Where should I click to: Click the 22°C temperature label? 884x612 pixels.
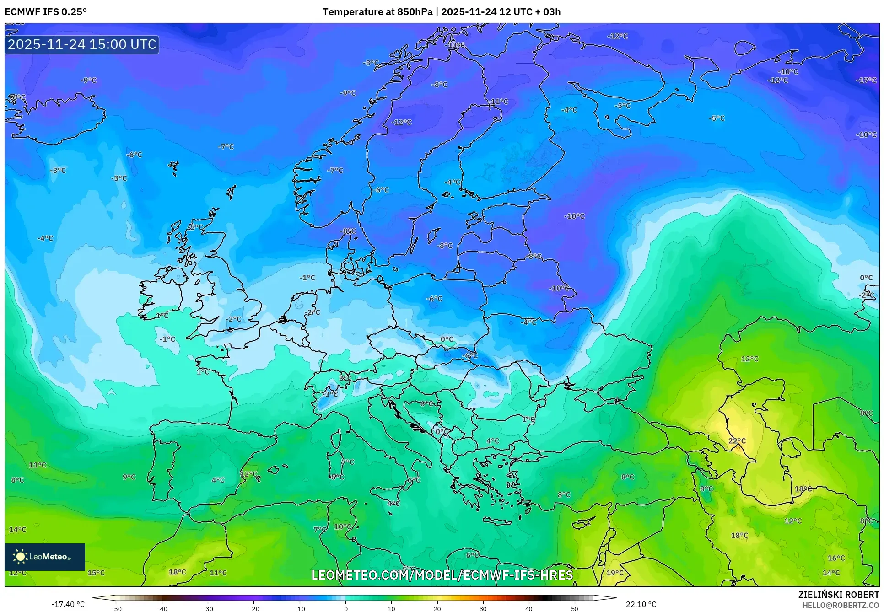point(737,441)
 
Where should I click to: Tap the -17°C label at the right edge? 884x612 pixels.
point(866,80)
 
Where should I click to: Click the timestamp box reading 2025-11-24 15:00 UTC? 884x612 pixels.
point(82,44)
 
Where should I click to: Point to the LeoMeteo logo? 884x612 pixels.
point(44,557)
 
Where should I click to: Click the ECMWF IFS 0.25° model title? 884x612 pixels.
point(46,12)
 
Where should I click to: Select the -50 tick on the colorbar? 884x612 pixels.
point(116,609)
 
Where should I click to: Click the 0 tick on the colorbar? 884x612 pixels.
point(345,609)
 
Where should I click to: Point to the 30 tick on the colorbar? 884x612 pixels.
point(483,609)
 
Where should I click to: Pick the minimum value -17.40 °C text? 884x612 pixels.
point(68,604)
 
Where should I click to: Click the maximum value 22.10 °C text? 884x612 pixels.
point(641,604)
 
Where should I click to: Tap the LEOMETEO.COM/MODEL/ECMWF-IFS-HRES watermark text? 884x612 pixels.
point(442,575)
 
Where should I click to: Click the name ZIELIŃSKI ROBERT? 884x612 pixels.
point(838,595)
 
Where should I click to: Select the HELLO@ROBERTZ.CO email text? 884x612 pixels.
point(840,605)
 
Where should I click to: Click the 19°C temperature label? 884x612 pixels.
point(615,573)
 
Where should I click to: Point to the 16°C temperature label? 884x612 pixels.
point(836,558)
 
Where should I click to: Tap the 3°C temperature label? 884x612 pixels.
point(345,378)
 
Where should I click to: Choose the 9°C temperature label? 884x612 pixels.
point(129,477)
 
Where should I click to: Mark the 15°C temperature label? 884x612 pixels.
point(96,573)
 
